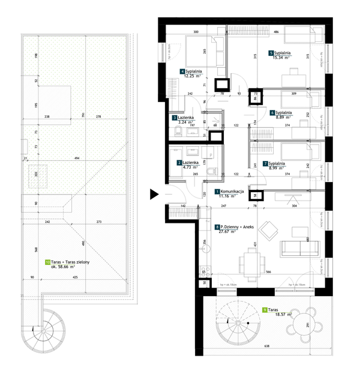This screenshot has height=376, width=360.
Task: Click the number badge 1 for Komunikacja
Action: pos(217,191)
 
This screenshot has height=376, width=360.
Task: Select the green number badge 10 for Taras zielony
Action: pos(47,262)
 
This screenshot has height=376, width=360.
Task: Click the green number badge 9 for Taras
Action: pos(265,309)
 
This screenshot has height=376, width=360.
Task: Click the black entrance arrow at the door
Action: pos(154,194)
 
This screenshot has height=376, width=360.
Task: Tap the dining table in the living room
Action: pos(251,261)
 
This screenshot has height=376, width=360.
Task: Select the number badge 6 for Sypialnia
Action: pos(272,112)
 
